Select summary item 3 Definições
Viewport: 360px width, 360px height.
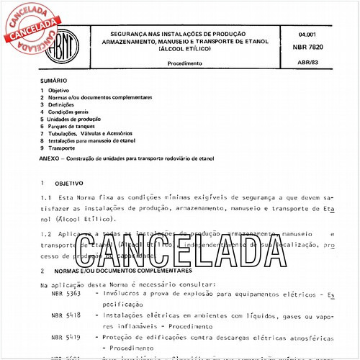(x=68, y=104)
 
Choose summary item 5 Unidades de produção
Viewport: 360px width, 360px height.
(x=80, y=119)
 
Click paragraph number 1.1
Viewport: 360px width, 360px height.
(x=46, y=197)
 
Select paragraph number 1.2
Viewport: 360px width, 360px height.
(x=46, y=235)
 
